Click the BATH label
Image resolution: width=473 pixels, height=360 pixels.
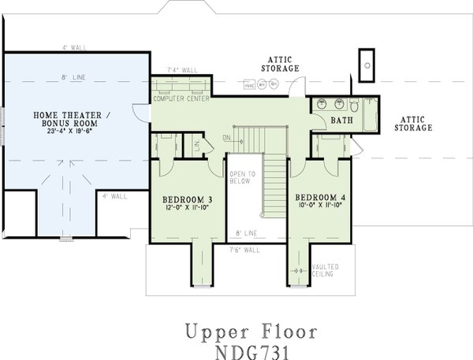coord(341,121)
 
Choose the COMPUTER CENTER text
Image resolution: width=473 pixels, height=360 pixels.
coord(181,98)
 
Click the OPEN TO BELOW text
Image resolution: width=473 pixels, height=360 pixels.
coord(240,177)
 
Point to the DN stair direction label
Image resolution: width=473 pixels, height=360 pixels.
coord(226,138)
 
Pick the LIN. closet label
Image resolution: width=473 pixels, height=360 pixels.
coord(197,143)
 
